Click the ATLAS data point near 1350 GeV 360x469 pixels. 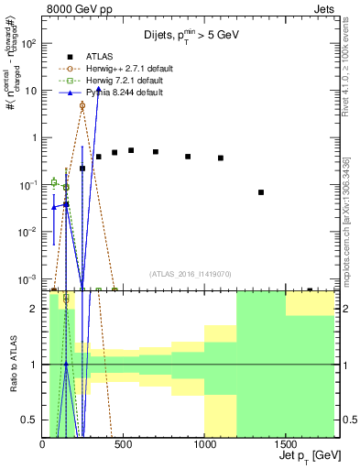[261, 192]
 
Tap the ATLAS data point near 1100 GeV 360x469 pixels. [221, 158]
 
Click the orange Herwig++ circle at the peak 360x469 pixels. [82, 105]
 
